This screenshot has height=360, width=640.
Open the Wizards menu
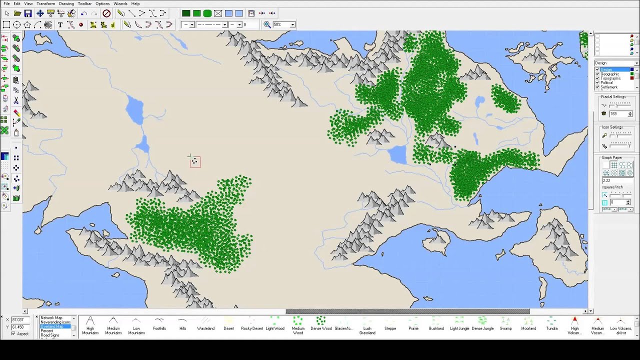point(120,3)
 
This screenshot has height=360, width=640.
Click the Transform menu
point(45,3)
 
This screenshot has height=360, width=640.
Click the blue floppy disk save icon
point(28,13)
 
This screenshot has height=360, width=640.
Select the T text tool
point(60,24)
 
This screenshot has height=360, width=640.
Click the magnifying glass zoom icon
point(267,24)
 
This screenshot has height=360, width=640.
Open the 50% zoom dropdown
point(292,24)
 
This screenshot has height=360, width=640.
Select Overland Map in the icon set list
point(52,326)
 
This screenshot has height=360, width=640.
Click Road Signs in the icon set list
point(50,335)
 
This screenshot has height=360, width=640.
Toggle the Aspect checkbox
point(13,333)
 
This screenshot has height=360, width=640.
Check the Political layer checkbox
point(597,82)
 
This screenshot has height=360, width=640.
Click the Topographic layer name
point(610,78)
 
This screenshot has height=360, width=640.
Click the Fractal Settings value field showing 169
point(617,114)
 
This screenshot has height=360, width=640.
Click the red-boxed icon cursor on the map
point(195,161)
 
